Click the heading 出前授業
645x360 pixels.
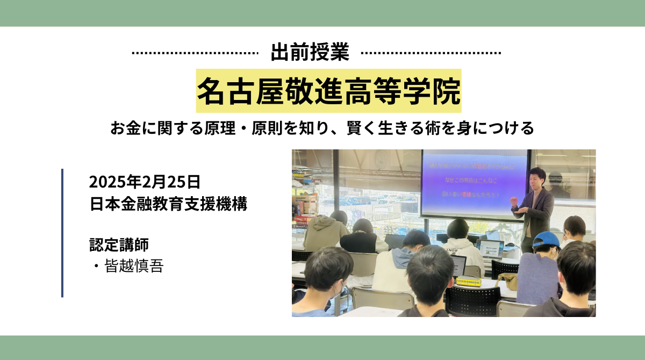point(310,53)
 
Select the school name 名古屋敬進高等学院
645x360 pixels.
point(328,90)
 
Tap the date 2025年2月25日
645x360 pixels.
point(145,182)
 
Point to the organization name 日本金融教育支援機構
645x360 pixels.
point(168,204)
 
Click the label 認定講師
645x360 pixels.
point(118,244)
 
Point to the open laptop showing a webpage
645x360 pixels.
point(490,248)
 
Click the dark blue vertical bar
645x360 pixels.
point(62,233)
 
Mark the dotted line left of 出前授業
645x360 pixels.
point(195,53)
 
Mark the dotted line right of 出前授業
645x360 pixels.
point(431,53)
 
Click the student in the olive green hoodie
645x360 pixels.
point(325,231)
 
